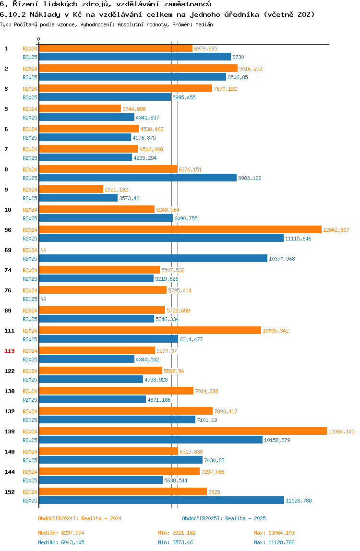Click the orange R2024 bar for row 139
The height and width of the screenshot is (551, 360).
coord(182,431)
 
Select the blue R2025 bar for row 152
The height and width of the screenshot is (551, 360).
coord(161,501)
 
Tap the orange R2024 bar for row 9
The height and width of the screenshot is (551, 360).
coord(71,190)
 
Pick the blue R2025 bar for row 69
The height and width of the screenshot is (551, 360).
coord(153,259)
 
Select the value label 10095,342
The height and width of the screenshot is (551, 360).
coord(276,331)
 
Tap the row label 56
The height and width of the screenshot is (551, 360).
coord(8,230)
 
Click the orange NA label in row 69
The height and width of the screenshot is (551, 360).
coord(43,250)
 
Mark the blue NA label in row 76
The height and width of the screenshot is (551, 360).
coord(43,299)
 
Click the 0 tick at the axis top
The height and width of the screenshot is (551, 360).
coord(39,39)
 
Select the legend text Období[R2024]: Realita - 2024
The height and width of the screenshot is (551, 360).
coord(80,518)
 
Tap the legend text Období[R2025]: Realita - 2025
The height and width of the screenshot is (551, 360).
coord(224,518)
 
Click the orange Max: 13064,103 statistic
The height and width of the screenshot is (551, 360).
coord(274,533)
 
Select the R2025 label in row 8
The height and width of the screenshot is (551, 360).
coord(30,178)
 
